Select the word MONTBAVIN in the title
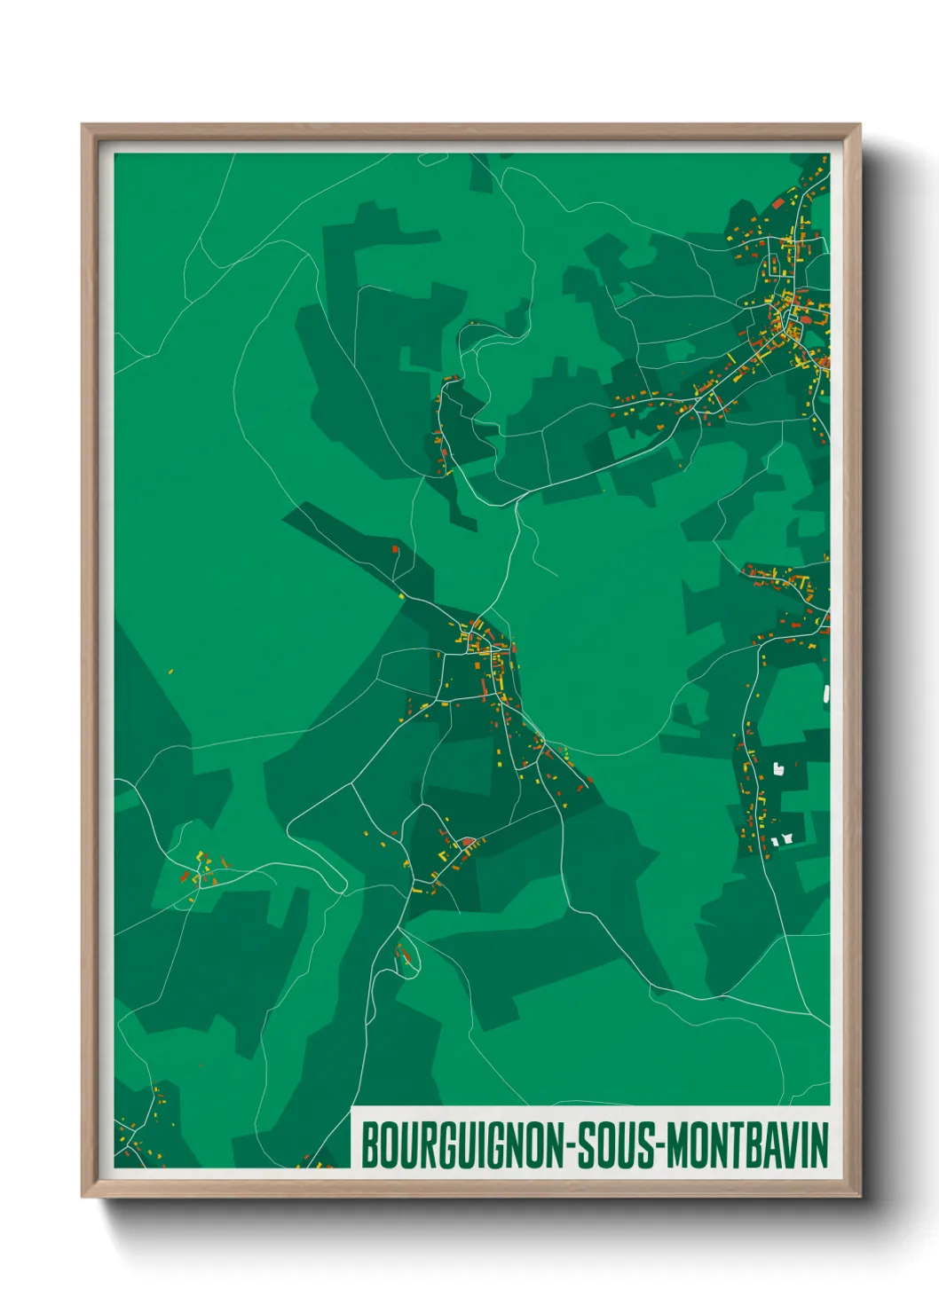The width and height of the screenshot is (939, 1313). pyautogui.click(x=746, y=1145)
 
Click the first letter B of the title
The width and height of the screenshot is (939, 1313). pyautogui.click(x=369, y=1145)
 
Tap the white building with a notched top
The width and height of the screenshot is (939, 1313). pyautogui.click(x=778, y=768)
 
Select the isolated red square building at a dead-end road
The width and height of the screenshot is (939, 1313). pyautogui.click(x=395, y=550)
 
